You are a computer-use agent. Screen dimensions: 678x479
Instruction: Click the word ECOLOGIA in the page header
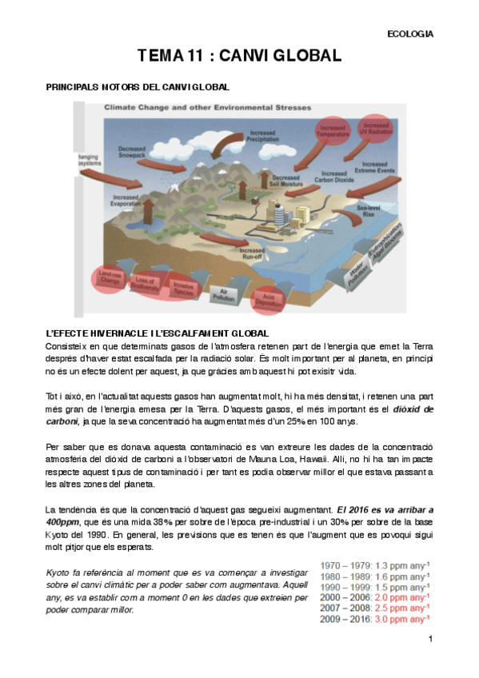[409, 34]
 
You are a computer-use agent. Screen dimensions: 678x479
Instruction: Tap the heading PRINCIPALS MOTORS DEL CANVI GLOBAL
[138, 86]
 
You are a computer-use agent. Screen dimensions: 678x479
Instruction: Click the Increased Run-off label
[253, 253]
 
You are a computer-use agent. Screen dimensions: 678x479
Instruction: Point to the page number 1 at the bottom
[430, 640]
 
